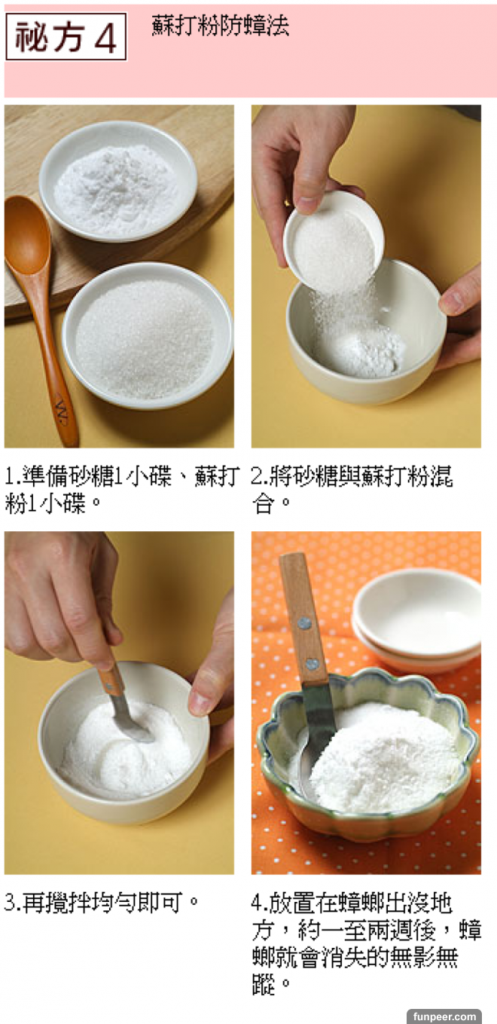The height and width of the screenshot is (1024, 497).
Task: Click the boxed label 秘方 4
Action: coord(66,37)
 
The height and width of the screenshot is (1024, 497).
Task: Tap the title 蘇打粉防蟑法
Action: coord(220,25)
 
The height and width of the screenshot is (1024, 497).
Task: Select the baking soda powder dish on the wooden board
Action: coord(118,181)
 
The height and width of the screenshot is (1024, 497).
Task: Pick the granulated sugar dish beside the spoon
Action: coord(147,335)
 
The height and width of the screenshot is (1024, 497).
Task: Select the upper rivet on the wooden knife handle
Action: coord(305,622)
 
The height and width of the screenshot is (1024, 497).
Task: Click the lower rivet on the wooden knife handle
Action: coord(312,663)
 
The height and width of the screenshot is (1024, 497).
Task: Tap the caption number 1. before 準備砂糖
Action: coord(12,476)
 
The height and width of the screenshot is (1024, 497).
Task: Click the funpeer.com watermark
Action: coord(444,1016)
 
